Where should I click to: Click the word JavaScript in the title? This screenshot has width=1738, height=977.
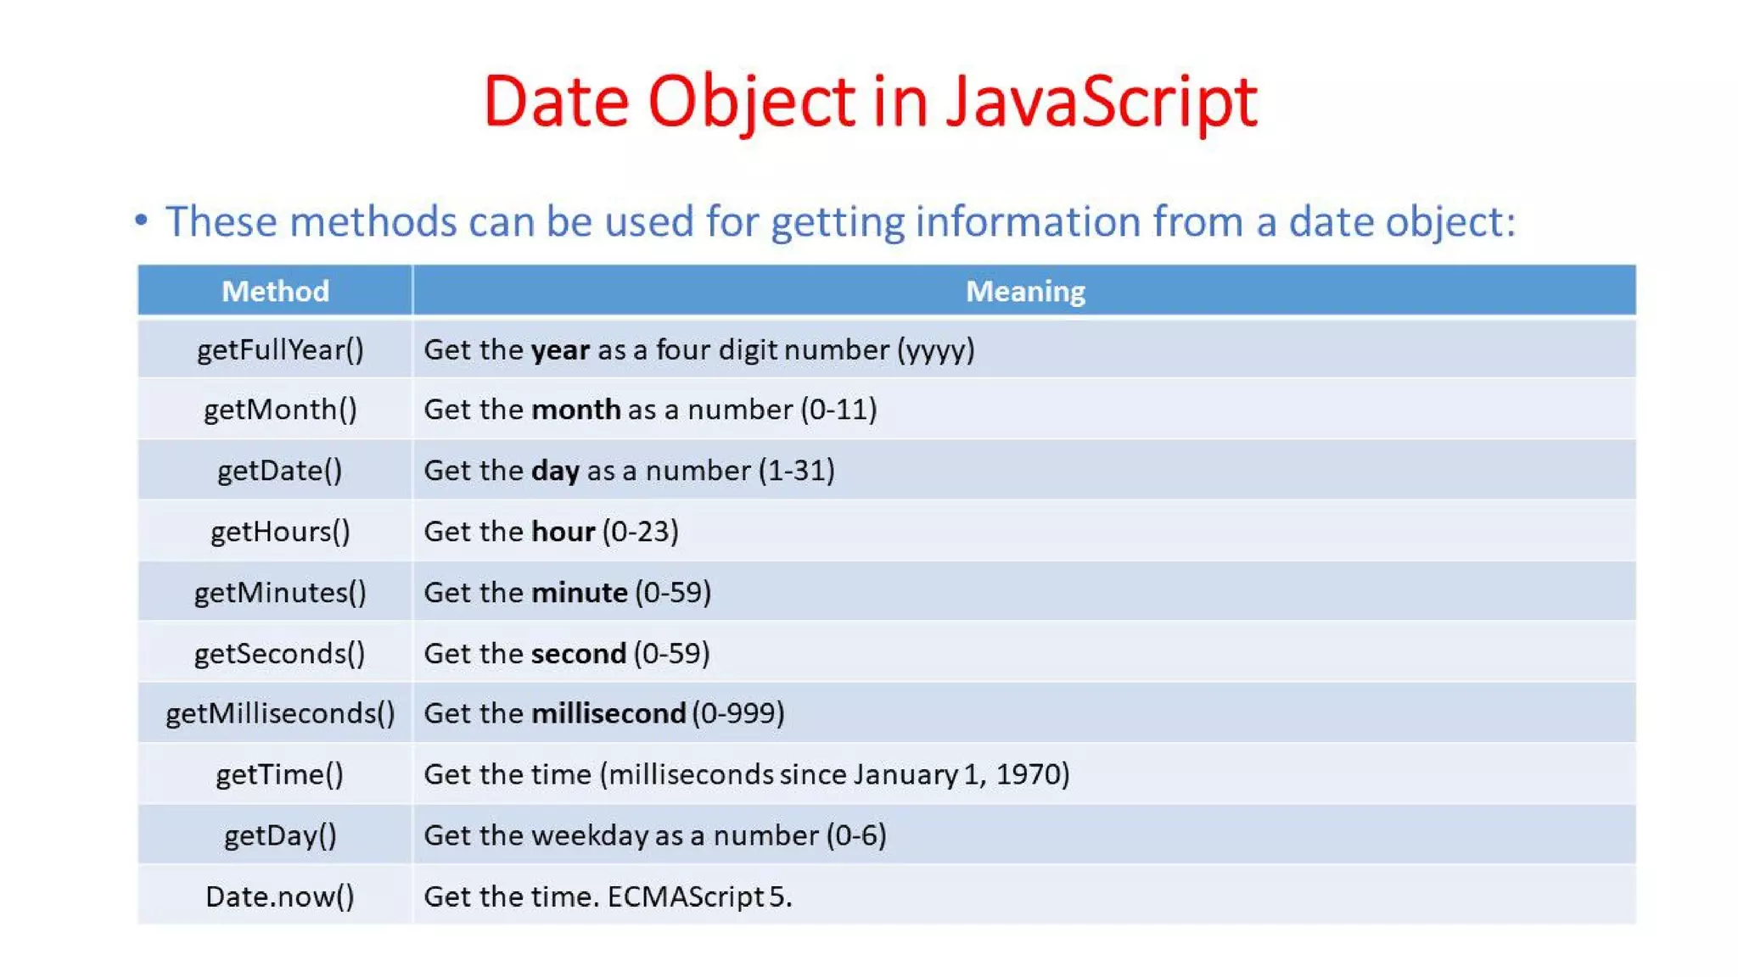pyautogui.click(x=1101, y=103)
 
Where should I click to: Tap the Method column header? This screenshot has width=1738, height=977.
pyautogui.click(x=275, y=291)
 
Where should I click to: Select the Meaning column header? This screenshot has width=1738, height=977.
pyautogui.click(x=1024, y=291)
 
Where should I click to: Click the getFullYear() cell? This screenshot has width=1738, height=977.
pyautogui.click(x=280, y=349)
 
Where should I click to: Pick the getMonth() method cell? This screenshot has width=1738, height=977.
pyautogui.click(x=280, y=410)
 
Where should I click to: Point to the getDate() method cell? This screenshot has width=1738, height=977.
pyautogui.click(x=280, y=471)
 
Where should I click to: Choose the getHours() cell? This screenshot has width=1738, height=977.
pyautogui.click(x=280, y=532)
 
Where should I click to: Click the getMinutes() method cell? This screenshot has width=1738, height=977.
pyautogui.click(x=280, y=592)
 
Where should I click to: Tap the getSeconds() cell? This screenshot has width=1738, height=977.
pyautogui.click(x=280, y=653)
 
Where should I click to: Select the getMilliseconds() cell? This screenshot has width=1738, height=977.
pyautogui.click(x=280, y=713)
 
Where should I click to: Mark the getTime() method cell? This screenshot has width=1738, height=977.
pyautogui.click(x=280, y=774)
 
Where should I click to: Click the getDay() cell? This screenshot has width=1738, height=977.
pyautogui.click(x=280, y=835)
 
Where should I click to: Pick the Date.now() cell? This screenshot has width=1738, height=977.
pyautogui.click(x=280, y=896)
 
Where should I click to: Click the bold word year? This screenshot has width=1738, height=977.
pyautogui.click(x=560, y=350)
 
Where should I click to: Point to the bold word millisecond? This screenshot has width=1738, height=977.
pyautogui.click(x=608, y=713)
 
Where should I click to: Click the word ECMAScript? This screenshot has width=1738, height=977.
pyautogui.click(x=686, y=896)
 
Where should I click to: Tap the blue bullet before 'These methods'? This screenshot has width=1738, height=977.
pyautogui.click(x=141, y=221)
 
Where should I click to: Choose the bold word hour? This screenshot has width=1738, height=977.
pyautogui.click(x=563, y=532)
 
